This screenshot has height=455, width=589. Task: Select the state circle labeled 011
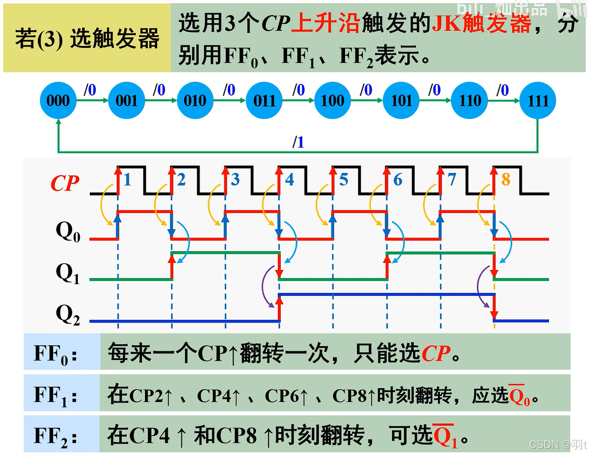(x=264, y=101)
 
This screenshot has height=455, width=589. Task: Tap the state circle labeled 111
(x=537, y=101)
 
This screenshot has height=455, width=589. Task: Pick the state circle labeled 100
(x=332, y=101)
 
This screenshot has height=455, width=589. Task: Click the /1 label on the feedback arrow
(x=299, y=143)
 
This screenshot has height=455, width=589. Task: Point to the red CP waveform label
(x=65, y=184)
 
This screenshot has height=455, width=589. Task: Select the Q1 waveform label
(x=68, y=273)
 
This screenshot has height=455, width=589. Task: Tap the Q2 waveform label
(x=68, y=314)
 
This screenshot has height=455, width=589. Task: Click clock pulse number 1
(x=127, y=179)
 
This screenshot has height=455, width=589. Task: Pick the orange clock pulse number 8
(x=506, y=179)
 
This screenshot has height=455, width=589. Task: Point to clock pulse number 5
(x=344, y=179)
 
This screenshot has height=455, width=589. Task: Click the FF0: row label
(x=56, y=353)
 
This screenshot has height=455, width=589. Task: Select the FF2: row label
(x=56, y=436)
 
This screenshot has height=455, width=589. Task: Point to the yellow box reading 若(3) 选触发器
(x=87, y=38)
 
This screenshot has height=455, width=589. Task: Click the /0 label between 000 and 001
(x=89, y=91)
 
